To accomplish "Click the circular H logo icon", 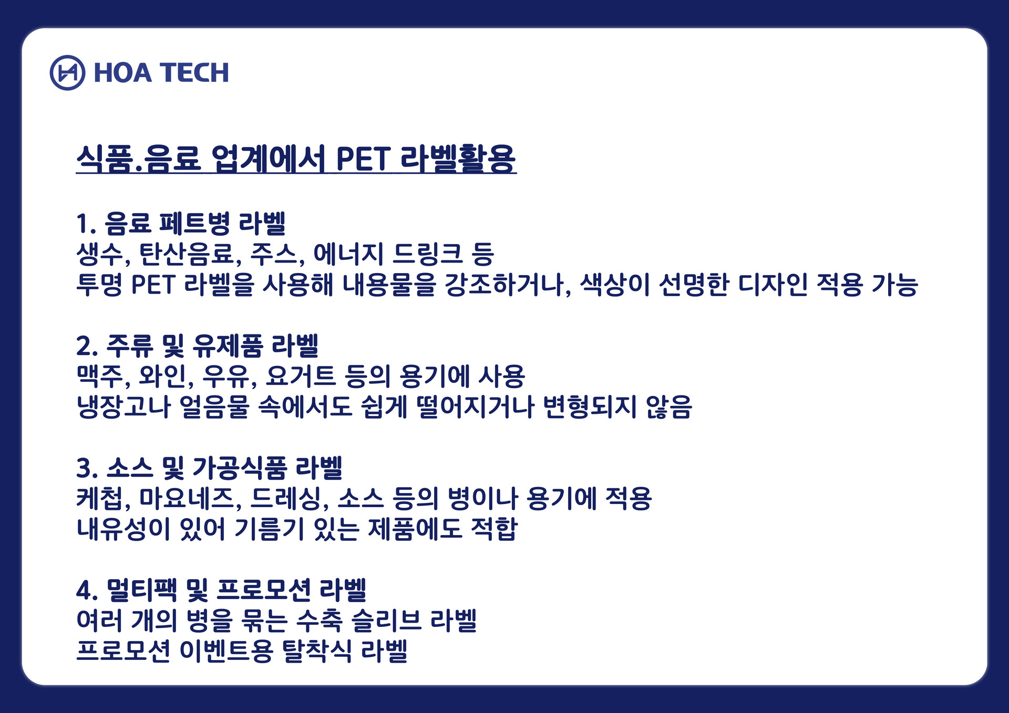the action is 67,72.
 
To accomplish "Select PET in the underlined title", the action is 363,159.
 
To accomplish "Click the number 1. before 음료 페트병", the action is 86,224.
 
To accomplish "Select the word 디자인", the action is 773,285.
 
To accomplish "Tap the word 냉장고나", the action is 123,407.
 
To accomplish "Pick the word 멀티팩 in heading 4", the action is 142,590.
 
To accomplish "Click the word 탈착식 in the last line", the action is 317,651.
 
